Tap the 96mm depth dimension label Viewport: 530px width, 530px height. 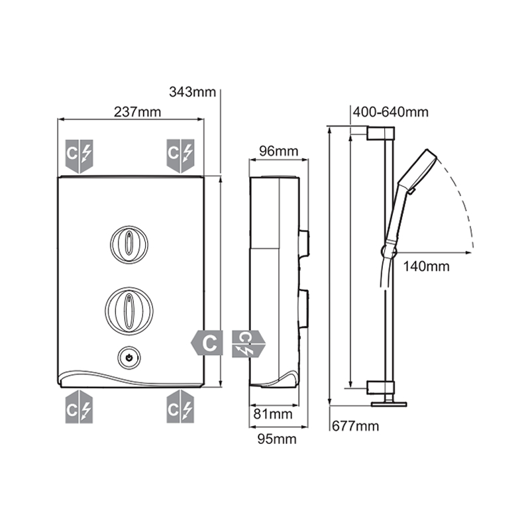(x=278, y=152)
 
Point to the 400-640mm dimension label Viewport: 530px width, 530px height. (x=390, y=112)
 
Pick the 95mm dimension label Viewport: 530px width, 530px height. (x=277, y=439)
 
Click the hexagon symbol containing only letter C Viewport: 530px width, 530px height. (x=208, y=343)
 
